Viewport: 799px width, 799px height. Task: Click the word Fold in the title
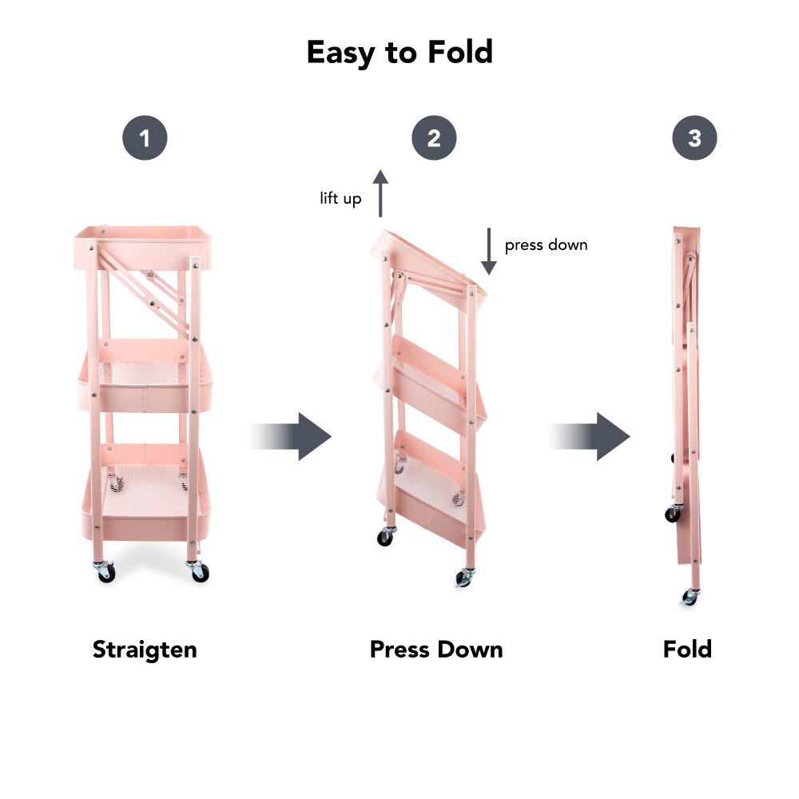pos(460,52)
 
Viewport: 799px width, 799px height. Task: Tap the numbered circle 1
pos(145,138)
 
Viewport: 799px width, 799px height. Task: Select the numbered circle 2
pos(434,138)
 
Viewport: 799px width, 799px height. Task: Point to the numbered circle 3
pos(694,138)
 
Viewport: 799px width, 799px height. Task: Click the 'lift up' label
pos(340,198)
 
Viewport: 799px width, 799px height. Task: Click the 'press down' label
pos(546,245)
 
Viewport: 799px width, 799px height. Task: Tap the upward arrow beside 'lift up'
pos(380,193)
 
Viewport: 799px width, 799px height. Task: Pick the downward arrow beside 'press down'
pos(489,251)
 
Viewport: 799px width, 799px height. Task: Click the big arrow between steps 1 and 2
pos(291,437)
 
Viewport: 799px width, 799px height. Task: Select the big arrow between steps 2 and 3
pos(590,437)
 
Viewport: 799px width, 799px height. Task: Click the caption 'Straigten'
pos(145,650)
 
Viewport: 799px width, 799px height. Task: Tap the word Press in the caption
pos(399,650)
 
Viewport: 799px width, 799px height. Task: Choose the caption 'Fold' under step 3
pos(687,649)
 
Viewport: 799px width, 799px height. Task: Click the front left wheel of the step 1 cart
pos(105,572)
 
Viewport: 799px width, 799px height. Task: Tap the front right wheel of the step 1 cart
pos(199,571)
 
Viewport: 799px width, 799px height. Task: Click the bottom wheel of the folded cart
pos(690,597)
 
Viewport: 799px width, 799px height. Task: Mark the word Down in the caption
pos(470,650)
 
